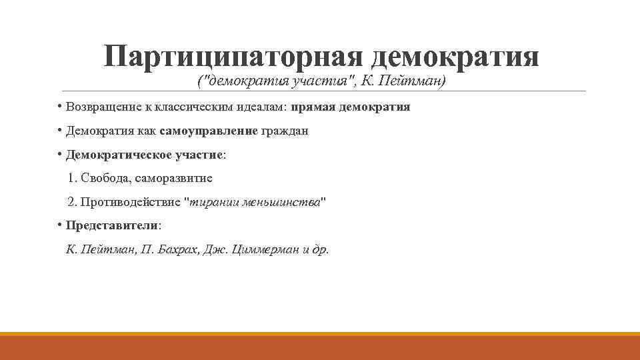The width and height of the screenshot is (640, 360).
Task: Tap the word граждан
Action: (x=285, y=131)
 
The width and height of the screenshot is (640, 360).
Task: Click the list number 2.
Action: (x=71, y=202)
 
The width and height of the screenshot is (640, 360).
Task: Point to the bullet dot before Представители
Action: (x=60, y=224)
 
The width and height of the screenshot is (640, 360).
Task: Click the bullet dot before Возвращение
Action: (x=60, y=106)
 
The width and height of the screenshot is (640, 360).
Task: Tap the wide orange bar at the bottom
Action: (x=320, y=347)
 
